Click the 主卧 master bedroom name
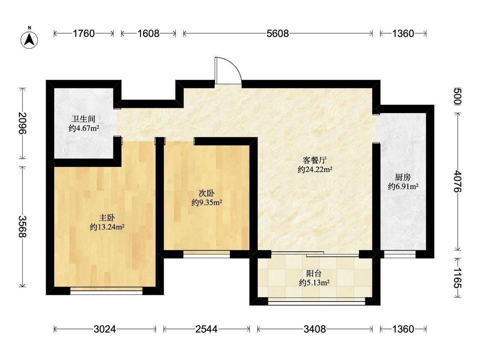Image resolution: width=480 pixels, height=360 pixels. (107, 218)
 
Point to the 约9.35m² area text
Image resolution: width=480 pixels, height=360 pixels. (207, 202)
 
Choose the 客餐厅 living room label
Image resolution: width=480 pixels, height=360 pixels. (315, 160)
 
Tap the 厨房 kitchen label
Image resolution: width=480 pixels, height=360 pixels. (403, 177)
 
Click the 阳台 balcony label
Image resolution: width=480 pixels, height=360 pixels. (314, 273)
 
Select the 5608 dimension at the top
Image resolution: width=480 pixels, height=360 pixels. (278, 33)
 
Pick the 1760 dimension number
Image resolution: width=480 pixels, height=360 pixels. (84, 33)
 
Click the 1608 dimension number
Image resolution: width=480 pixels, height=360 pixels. (148, 33)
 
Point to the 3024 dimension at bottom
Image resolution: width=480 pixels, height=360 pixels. (105, 329)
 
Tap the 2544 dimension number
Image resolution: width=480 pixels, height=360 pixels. (207, 329)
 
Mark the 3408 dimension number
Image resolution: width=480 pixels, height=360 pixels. (315, 329)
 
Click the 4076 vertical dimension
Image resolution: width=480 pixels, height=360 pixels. (457, 181)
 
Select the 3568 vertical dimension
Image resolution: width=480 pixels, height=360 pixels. (23, 226)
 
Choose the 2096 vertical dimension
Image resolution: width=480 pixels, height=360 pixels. (23, 123)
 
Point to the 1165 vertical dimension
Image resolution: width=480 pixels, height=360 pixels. (457, 278)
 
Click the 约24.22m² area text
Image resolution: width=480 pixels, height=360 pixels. (315, 169)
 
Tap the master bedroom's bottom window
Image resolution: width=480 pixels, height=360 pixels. (106, 290)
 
